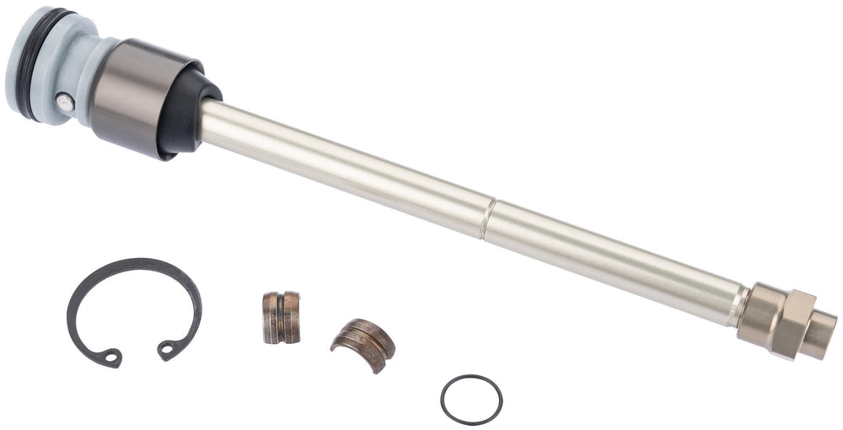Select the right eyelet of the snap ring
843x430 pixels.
[x=168, y=347]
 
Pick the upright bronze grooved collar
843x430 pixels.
[x=281, y=317]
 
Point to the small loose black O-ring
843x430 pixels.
[x=471, y=400]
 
